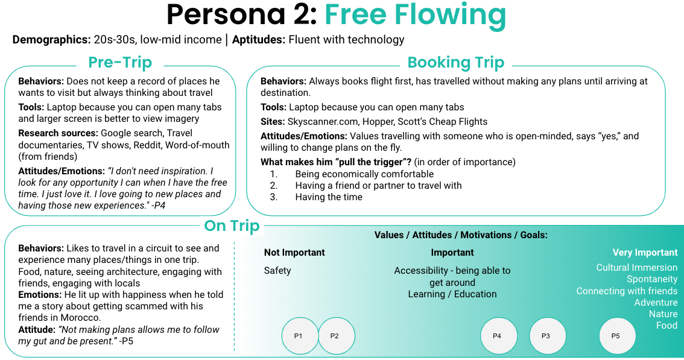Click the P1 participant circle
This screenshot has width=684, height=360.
(300, 335)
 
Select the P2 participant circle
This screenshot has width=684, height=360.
(337, 335)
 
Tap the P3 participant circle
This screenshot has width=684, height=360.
(548, 335)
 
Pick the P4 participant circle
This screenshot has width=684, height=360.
(499, 335)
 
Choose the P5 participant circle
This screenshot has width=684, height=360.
(617, 335)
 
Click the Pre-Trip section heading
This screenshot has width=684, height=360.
(120, 62)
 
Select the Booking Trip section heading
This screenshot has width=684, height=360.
(455, 62)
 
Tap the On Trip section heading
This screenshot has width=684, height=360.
(232, 226)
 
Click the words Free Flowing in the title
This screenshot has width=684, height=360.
(415, 16)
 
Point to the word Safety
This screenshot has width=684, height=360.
(277, 271)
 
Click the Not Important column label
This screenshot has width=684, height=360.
(294, 253)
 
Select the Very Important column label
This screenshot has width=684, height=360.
(645, 253)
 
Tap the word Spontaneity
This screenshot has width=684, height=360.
(652, 279)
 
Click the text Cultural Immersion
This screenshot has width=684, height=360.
(636, 268)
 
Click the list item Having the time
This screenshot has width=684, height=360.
(329, 197)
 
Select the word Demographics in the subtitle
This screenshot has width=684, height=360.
(51, 40)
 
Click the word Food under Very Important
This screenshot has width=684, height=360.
(667, 326)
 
